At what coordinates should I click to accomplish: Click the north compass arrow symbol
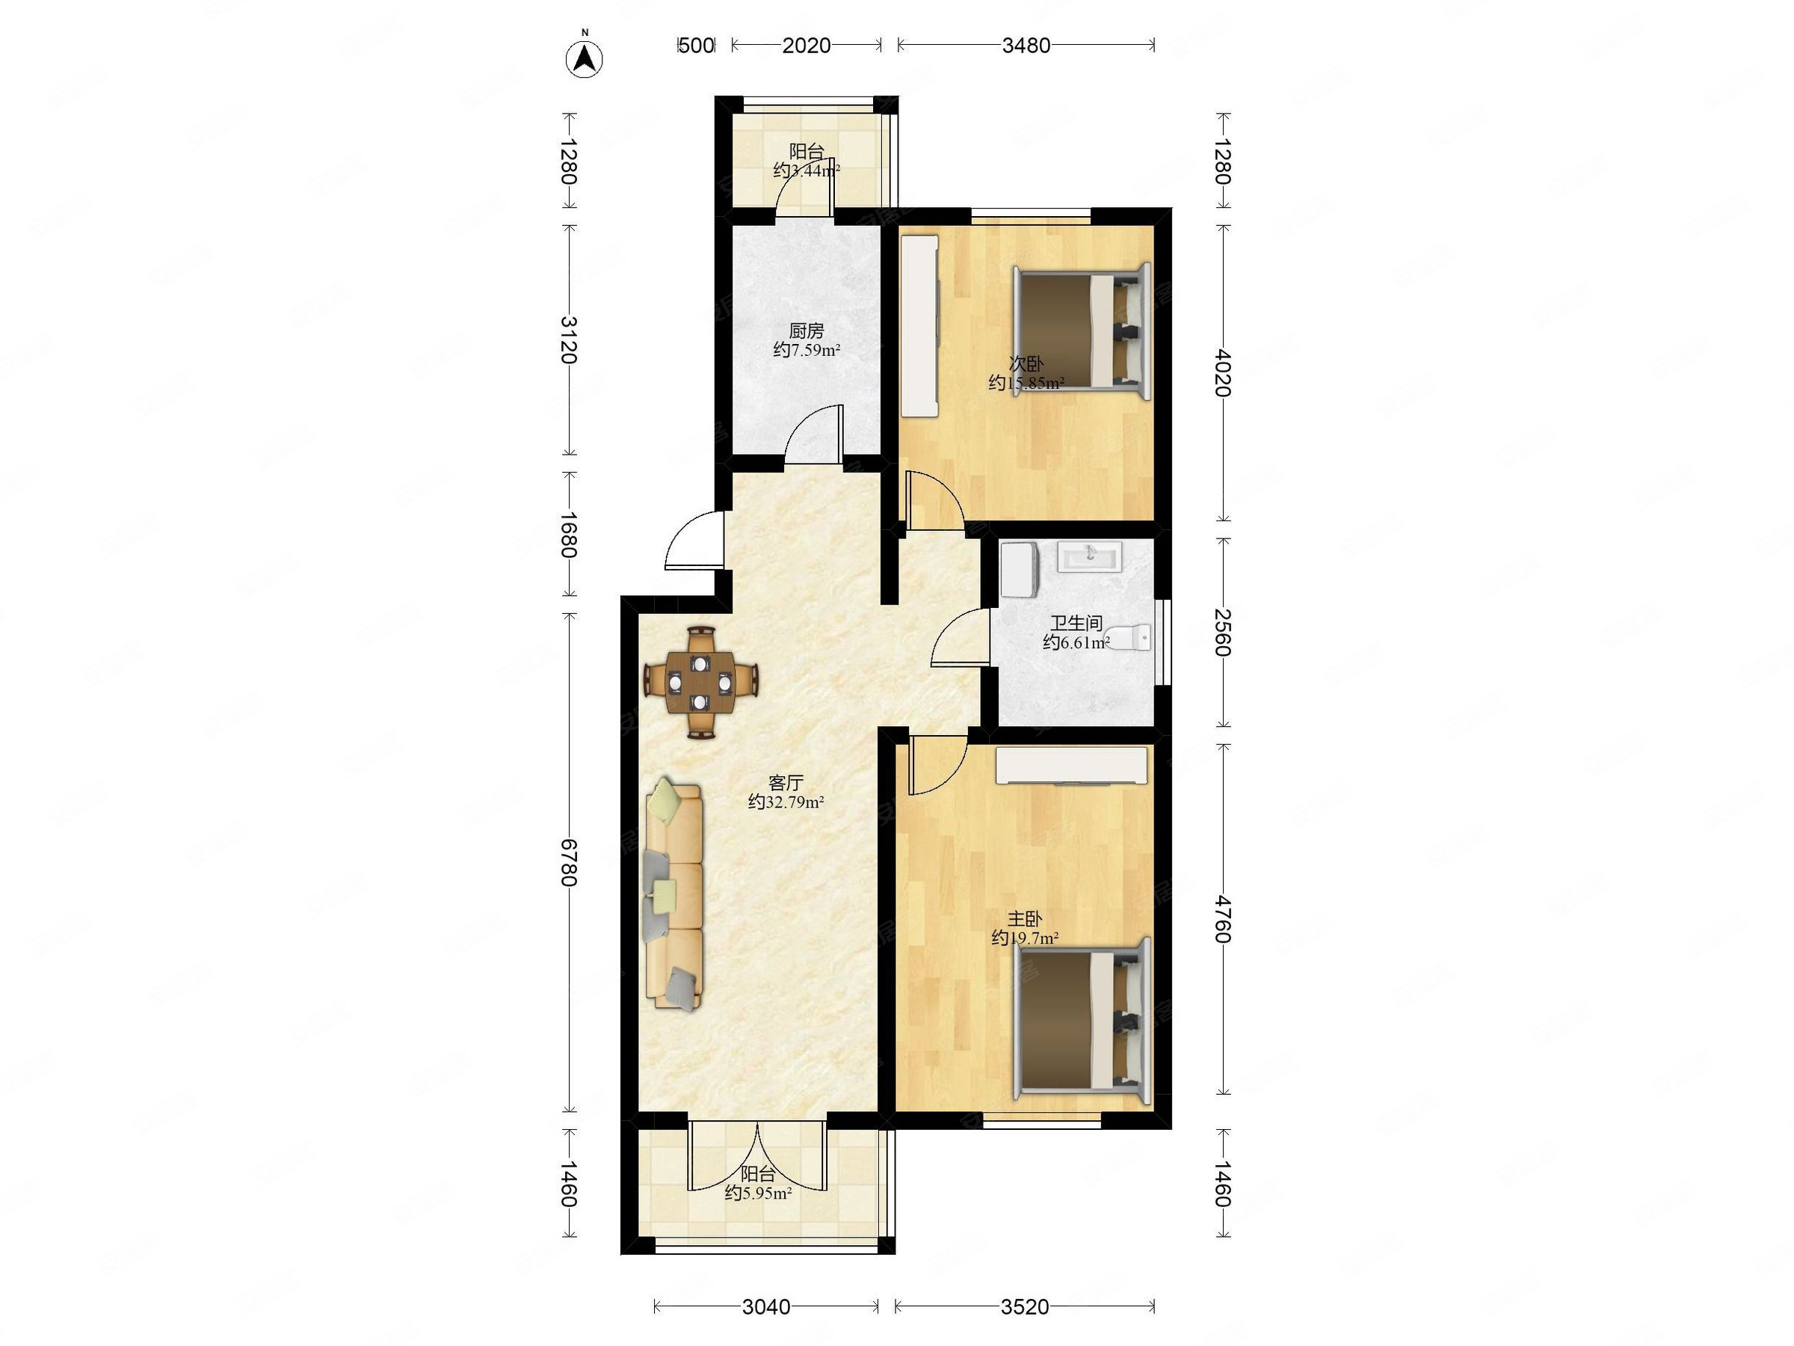point(584,58)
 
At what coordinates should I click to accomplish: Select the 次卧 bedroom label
point(1026,363)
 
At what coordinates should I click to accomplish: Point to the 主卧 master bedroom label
point(1025,919)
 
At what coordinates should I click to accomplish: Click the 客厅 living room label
point(786,783)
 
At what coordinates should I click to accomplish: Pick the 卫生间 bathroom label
point(1076,623)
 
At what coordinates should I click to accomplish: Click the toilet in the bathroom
point(1128,638)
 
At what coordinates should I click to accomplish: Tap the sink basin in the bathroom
point(1089,556)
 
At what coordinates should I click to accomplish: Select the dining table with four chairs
point(702,682)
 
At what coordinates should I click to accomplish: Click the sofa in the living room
point(674,895)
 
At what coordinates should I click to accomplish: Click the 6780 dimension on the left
point(570,862)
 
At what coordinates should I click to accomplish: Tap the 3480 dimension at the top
point(1026,46)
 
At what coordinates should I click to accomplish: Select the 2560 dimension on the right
point(1223,632)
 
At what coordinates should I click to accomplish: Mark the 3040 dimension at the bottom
point(766,1306)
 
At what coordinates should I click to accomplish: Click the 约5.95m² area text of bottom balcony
point(758,1193)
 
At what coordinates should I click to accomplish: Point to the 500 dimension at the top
point(696,46)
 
